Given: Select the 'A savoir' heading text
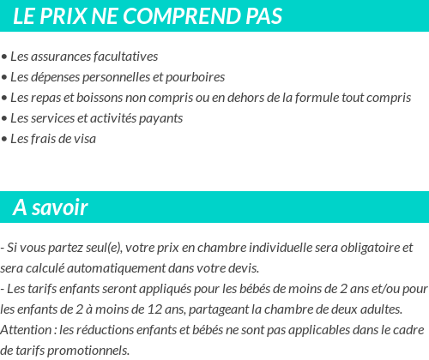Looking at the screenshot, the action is pyautogui.click(x=50, y=207).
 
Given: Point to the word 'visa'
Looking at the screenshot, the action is pyautogui.click(x=84, y=139).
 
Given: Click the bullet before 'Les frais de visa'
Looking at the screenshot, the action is pyautogui.click(x=4, y=139).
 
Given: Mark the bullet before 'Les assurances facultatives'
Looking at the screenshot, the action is pyautogui.click(x=4, y=57).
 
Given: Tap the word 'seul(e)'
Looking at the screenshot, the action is pyautogui.click(x=104, y=248).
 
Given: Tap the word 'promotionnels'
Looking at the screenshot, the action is pyautogui.click(x=92, y=350).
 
